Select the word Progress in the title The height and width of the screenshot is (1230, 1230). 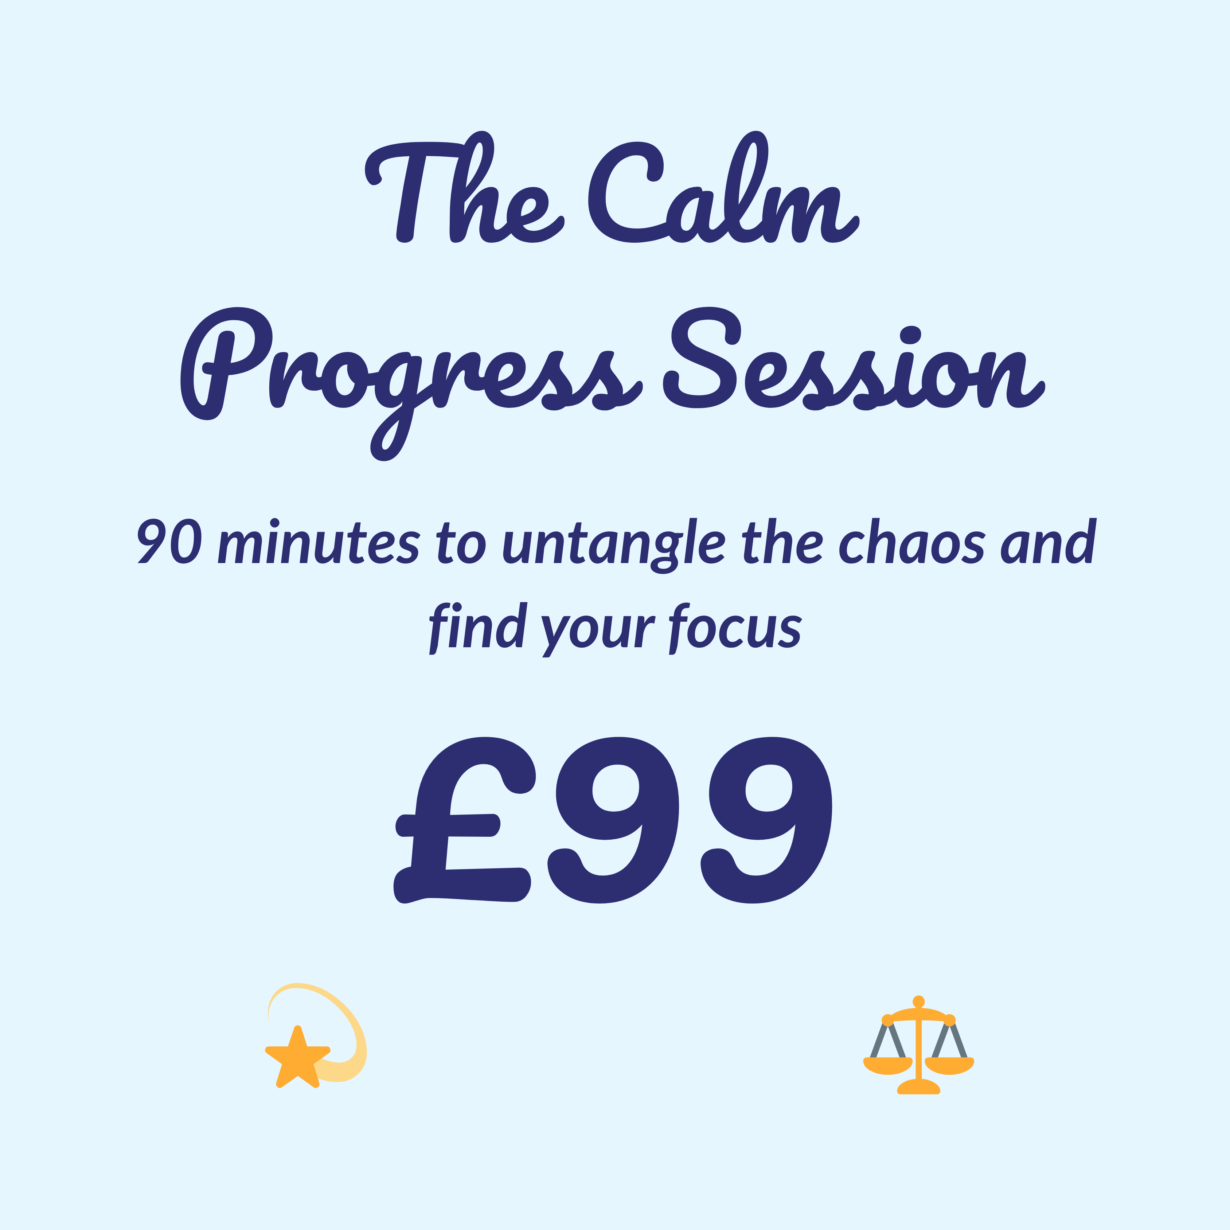pos(411,382)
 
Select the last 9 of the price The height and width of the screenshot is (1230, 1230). pos(766,821)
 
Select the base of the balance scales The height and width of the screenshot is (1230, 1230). pos(918,1088)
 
